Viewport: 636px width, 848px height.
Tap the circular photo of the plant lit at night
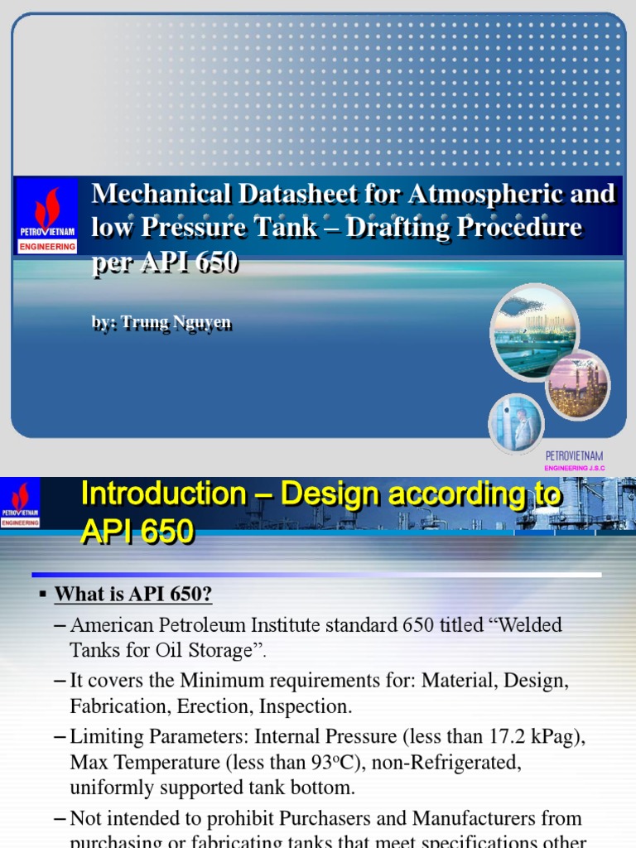click(x=578, y=384)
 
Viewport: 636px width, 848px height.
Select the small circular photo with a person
click(x=516, y=423)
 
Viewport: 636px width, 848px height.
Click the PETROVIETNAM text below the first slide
click(x=574, y=456)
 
